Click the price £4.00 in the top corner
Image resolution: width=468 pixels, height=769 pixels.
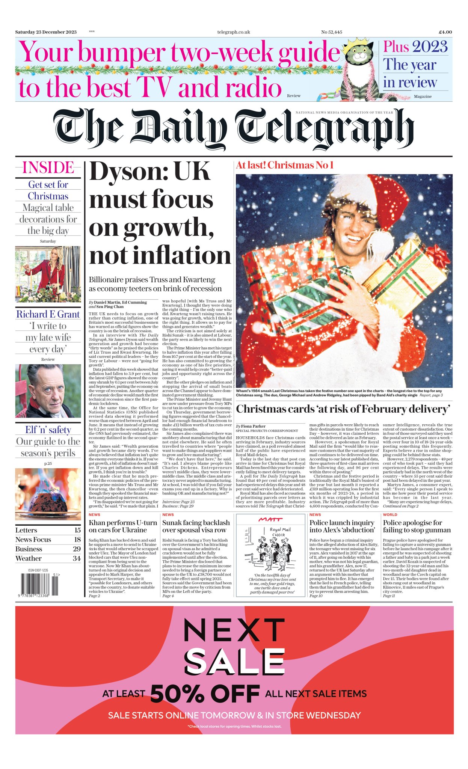[445, 32]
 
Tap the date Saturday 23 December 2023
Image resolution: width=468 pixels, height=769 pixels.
[46, 32]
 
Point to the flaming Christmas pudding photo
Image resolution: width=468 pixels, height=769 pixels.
[48, 494]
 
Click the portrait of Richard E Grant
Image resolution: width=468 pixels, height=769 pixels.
[48, 391]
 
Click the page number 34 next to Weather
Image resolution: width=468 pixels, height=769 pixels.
[77, 558]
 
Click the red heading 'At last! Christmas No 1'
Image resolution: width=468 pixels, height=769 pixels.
[285, 165]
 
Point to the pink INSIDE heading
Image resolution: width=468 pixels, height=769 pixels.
[48, 168]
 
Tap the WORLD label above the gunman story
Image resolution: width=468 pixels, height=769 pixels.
[390, 515]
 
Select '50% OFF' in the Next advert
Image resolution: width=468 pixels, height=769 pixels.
[205, 694]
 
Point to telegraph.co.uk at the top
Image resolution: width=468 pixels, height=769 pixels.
[234, 32]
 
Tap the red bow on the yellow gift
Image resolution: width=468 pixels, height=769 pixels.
[439, 255]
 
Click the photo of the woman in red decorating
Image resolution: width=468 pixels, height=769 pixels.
[48, 274]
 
